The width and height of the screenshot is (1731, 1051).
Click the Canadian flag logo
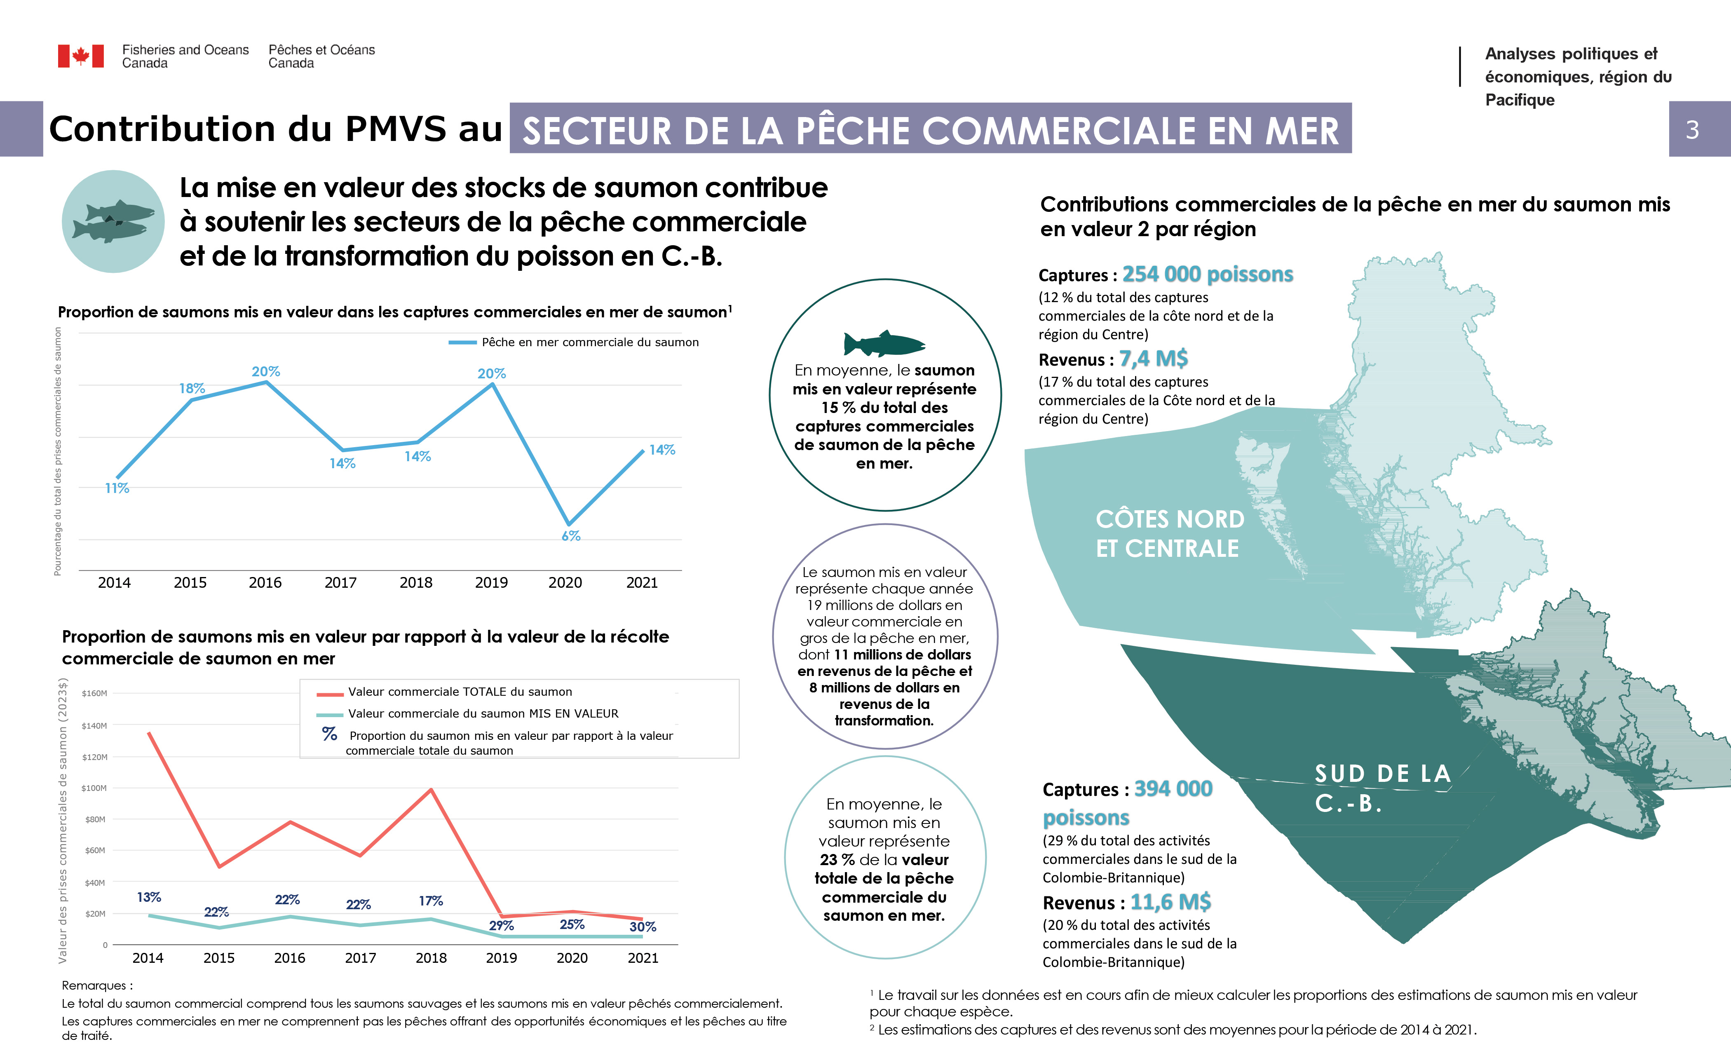point(81,56)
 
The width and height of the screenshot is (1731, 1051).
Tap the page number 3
point(1692,130)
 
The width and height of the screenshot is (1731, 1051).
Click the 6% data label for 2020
point(570,536)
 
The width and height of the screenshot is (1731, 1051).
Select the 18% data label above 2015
point(192,389)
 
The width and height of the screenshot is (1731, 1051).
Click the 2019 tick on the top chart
point(491,582)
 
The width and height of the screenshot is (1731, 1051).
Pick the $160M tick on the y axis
point(95,693)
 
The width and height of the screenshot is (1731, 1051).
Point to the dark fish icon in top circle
point(884,344)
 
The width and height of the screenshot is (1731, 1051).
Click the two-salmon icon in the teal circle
point(113,221)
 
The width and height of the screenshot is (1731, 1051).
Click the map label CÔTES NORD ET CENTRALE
point(1169,534)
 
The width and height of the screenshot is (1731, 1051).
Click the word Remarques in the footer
point(96,985)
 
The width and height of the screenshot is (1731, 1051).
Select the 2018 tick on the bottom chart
point(431,958)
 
